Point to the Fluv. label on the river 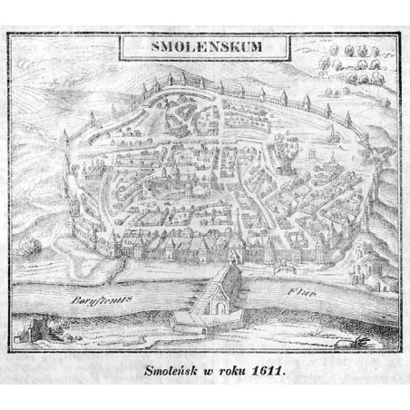(297, 295)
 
